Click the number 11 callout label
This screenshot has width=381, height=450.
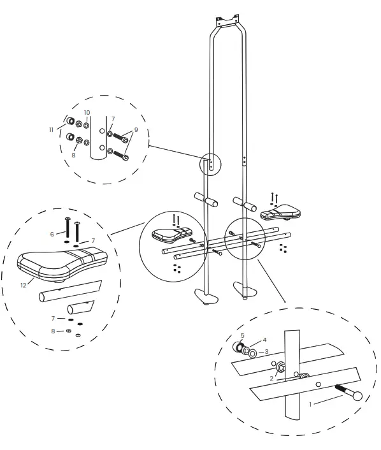(x=52, y=129)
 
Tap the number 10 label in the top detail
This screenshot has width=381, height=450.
(x=87, y=113)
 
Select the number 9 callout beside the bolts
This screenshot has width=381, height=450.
(x=136, y=130)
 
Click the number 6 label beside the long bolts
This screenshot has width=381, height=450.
(x=52, y=235)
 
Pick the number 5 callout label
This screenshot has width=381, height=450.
(x=242, y=335)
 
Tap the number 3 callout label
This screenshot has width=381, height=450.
(x=267, y=351)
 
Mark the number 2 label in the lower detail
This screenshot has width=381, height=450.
(x=271, y=378)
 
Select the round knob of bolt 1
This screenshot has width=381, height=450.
(x=356, y=396)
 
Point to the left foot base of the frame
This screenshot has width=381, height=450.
(x=205, y=296)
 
